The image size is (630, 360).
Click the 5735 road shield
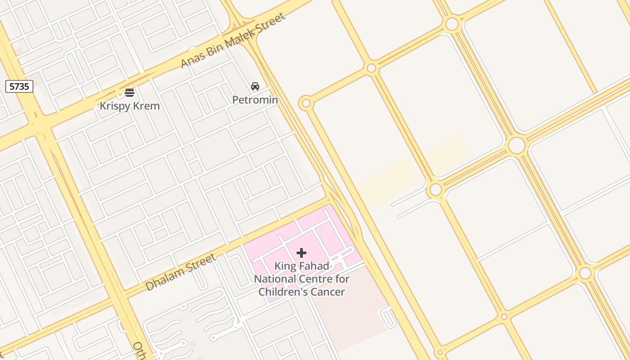(19, 86)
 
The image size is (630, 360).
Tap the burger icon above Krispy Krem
(130, 93)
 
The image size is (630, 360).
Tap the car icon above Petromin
(255, 86)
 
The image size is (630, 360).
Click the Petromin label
(255, 99)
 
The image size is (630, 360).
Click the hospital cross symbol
(301, 253)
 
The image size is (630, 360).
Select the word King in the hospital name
(286, 266)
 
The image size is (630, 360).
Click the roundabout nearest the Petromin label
(306, 103)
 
